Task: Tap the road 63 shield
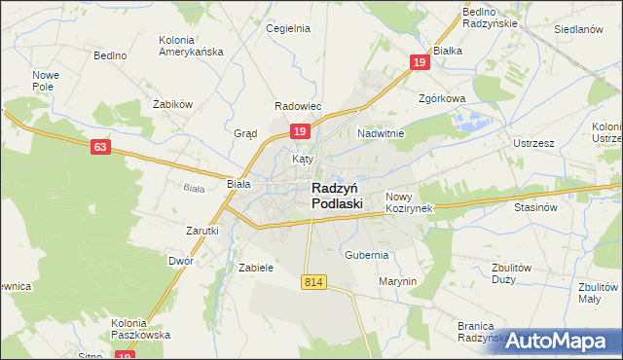coord(99,147)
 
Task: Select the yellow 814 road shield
coord(312,281)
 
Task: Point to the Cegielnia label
coord(288,28)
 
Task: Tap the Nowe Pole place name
coord(46,81)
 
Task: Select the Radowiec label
coord(298,106)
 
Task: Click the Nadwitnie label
coord(381,133)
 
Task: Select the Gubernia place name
coord(367,255)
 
